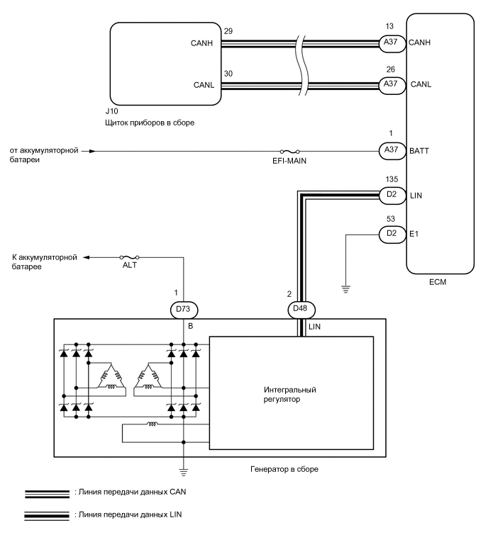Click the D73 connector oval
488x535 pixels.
tap(184, 309)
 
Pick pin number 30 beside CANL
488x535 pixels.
tap(226, 73)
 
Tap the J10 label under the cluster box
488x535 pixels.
tap(112, 112)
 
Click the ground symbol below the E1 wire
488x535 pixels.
tap(345, 288)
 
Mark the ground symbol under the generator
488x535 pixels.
tap(184, 470)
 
